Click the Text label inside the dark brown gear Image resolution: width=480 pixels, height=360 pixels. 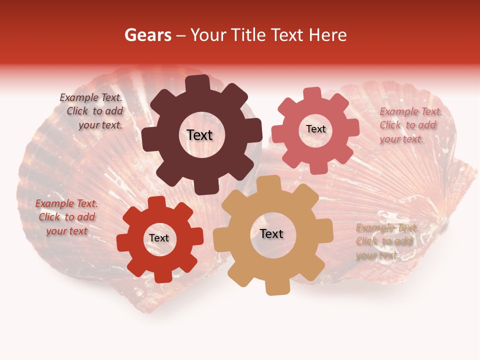coord(199,135)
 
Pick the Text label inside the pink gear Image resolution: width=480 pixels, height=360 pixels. coord(315,129)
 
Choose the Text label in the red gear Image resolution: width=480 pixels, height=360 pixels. coord(159,238)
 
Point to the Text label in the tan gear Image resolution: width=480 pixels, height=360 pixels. coord(271,234)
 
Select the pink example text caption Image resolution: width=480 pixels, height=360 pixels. coord(410,125)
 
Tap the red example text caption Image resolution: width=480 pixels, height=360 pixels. coord(66,217)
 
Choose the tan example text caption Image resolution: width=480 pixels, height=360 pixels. coord(386,241)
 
